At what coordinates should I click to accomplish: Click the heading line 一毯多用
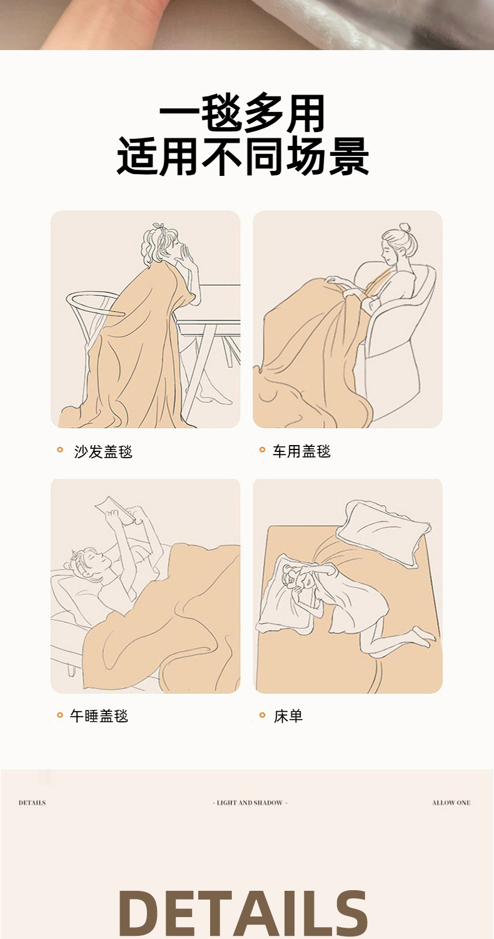243,113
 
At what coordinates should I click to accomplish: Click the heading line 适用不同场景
243,156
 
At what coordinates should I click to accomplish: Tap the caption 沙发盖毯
103,452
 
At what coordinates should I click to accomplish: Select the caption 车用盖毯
301,451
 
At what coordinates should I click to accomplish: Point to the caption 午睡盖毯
99,716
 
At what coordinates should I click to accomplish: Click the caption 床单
288,716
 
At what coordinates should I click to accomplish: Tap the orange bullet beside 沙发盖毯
60,450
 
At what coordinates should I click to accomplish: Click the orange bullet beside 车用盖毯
263,450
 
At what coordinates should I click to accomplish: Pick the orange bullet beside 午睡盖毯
60,715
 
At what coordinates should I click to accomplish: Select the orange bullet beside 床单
263,715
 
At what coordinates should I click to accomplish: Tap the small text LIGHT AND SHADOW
250,803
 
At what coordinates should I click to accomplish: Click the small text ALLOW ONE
451,803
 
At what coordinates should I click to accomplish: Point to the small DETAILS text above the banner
33,803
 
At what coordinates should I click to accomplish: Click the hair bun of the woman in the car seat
405,228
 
